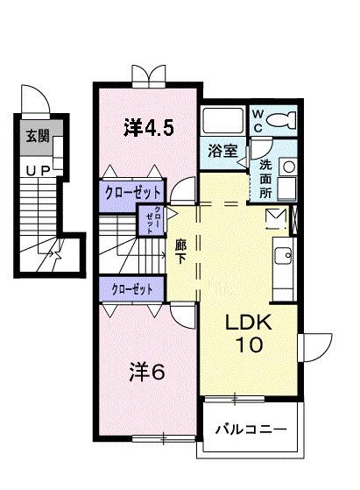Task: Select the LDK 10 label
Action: pos(251,333)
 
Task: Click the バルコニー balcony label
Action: pos(251,430)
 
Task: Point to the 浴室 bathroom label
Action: pos(222,151)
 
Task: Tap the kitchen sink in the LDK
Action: pos(284,256)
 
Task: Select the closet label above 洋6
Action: pos(132,288)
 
